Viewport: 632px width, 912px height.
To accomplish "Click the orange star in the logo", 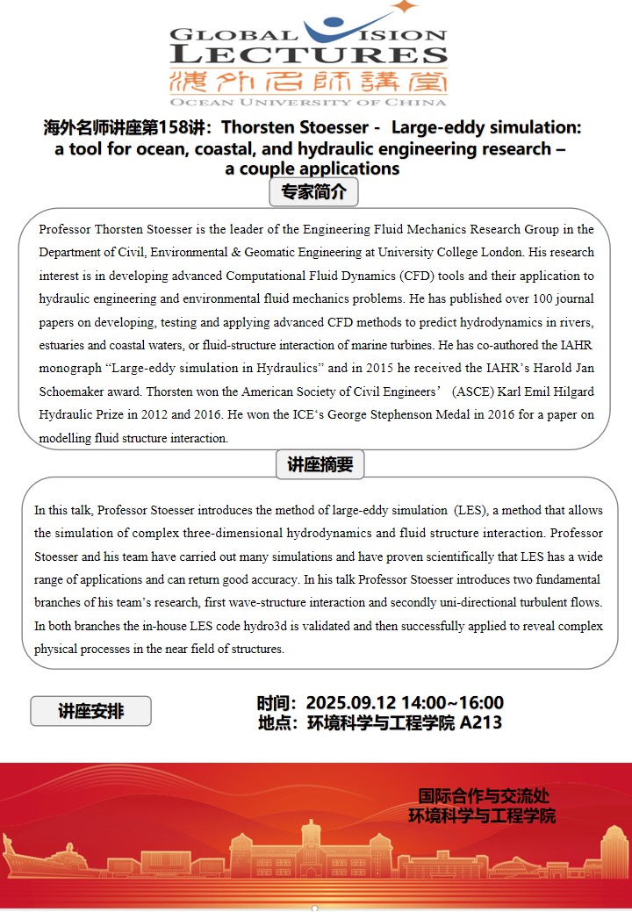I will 404,7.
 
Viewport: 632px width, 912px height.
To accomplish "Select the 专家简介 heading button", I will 313,192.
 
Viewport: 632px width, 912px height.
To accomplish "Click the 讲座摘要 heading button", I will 320,464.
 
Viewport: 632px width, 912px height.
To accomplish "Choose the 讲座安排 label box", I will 91,711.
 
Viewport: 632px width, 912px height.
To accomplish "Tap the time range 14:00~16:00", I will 452,703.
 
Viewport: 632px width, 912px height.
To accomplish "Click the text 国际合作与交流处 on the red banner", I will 484,796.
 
